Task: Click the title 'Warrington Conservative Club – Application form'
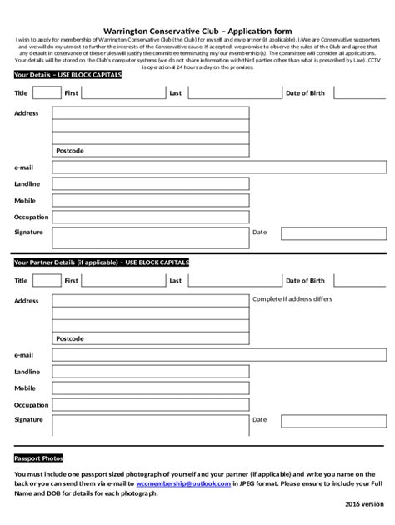[197, 27]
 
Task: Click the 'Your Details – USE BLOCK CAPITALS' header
[67, 75]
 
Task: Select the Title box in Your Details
[47, 93]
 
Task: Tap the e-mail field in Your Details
[150, 167]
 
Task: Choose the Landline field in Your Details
[150, 184]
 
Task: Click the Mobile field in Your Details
[150, 201]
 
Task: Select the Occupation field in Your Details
[150, 217]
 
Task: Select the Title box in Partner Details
[47, 281]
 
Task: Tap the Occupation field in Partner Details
[150, 404]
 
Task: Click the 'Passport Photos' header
[38, 458]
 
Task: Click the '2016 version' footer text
[365, 504]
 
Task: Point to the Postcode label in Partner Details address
[70, 338]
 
